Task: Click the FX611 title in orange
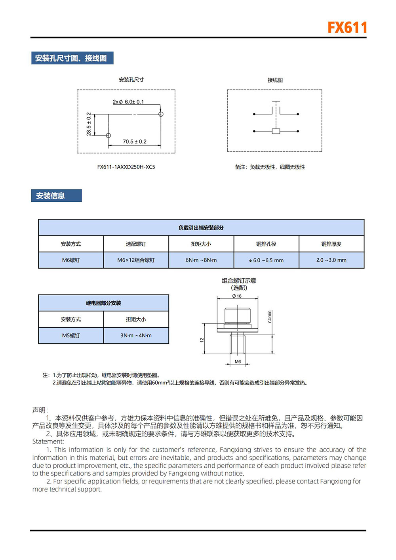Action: coord(347,28)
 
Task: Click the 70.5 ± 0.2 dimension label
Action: coord(134,141)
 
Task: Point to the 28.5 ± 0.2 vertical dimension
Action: coord(89,124)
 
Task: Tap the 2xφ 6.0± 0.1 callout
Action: coord(128,102)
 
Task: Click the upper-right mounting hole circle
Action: coord(161,114)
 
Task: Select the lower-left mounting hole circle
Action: coord(108,136)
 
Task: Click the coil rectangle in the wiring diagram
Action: coord(276,131)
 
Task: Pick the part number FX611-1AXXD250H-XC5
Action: coord(126,167)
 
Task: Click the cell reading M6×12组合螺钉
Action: coord(136,260)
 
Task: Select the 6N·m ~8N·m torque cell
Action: coord(201,260)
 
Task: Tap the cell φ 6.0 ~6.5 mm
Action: coord(266,260)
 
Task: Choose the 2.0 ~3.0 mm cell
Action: coord(331,260)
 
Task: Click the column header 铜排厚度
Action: coord(331,244)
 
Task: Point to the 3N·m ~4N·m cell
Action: coord(136,336)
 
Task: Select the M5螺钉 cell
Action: coord(71,336)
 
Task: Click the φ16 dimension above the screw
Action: coord(237,296)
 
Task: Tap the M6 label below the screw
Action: coord(238,361)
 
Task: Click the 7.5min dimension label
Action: coord(270,317)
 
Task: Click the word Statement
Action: coord(48,442)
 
